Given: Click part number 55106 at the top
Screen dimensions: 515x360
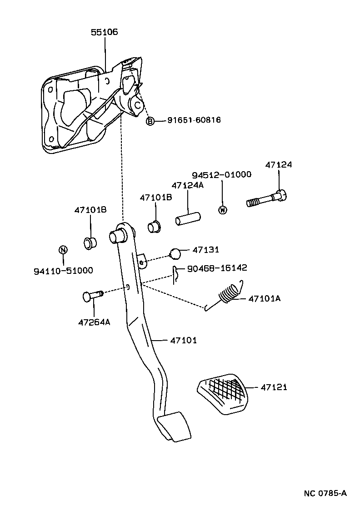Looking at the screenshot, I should click(105, 32).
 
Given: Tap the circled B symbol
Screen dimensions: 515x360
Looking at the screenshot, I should click(150, 121).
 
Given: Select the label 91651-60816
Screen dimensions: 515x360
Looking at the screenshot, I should click(194, 120).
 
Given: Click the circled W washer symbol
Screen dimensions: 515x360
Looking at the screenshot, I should click(222, 210).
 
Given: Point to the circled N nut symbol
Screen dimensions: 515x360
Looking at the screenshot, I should click(63, 249).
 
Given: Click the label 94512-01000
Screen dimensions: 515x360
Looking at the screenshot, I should click(221, 175).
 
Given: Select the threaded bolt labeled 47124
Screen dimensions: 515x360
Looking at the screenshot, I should click(268, 199).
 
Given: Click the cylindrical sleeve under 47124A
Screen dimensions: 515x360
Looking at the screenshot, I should click(188, 219).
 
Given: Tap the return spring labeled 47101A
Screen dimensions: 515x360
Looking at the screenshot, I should click(230, 294).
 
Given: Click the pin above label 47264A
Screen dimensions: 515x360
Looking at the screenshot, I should click(92, 296).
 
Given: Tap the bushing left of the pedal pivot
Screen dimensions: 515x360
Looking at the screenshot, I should click(90, 243).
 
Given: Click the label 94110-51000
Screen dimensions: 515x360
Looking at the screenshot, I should click(63, 271).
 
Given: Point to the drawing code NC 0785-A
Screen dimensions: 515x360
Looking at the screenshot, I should click(325, 493).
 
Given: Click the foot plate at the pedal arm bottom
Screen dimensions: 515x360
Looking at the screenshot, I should click(173, 426).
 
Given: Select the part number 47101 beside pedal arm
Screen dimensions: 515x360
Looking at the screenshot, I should click(184, 340).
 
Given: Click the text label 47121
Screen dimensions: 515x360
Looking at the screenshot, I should click(274, 387).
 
